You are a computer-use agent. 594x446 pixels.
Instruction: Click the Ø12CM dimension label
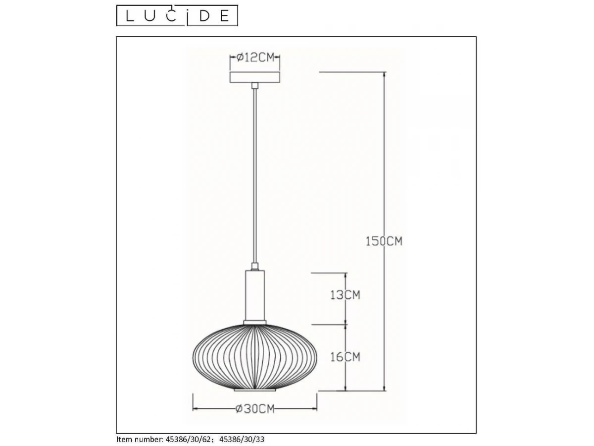(x=255, y=57)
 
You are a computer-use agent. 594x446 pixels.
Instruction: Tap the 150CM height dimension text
(x=384, y=241)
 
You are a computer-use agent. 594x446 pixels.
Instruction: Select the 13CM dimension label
(x=346, y=295)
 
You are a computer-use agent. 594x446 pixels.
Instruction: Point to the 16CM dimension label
(x=346, y=357)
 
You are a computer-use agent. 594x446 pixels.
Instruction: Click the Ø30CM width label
(x=255, y=409)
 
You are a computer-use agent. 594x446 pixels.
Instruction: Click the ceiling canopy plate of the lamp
(x=254, y=77)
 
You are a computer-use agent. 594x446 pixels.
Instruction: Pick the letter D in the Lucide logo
(x=205, y=16)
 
